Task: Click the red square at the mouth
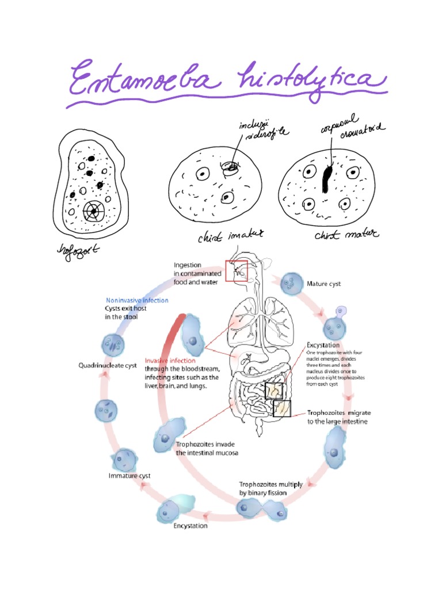coord(236,270)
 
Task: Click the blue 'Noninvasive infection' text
coord(137,300)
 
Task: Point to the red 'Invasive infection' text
coord(171,361)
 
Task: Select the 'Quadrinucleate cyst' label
coord(107,365)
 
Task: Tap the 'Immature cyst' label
coord(129,476)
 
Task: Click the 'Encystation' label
coord(190,525)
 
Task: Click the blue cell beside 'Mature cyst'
coord(291,284)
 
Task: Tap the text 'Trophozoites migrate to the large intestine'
coord(337,417)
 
